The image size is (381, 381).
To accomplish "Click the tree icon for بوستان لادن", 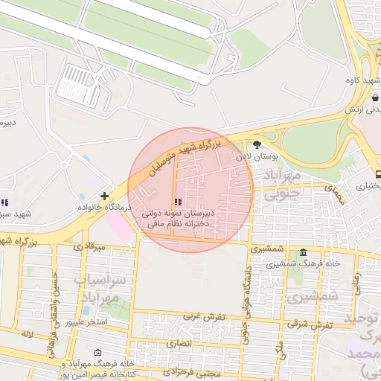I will (257, 144).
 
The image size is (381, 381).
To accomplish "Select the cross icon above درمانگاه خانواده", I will (104, 196).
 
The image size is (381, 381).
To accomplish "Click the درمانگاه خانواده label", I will (105, 207).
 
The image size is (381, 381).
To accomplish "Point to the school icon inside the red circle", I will (177, 202).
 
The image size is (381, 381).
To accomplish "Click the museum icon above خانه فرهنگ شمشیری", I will (303, 252).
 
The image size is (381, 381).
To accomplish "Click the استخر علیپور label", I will (88, 322).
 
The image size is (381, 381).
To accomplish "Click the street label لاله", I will (28, 336).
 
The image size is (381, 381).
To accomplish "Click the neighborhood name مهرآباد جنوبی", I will (281, 186).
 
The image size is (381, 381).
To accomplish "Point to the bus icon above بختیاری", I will (378, 175).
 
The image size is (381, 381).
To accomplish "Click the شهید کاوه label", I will (358, 80).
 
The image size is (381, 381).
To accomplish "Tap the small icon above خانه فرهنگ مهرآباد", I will (98, 352).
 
